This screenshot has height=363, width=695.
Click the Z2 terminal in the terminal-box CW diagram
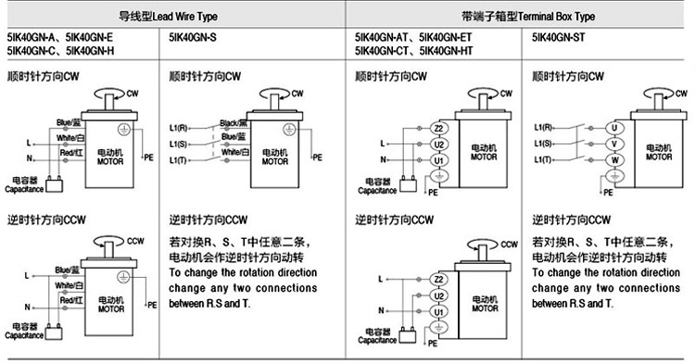tap(440, 127)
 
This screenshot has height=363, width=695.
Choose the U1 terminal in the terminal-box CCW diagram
tap(440, 311)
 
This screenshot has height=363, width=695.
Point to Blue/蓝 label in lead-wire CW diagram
tap(69, 121)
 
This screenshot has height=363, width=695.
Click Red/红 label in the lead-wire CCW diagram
tap(71, 302)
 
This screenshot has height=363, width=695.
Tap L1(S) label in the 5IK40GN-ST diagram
tap(544, 144)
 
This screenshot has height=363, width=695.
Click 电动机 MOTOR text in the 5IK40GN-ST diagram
tap(658, 152)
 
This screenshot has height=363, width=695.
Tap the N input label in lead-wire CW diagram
tap(31, 158)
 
